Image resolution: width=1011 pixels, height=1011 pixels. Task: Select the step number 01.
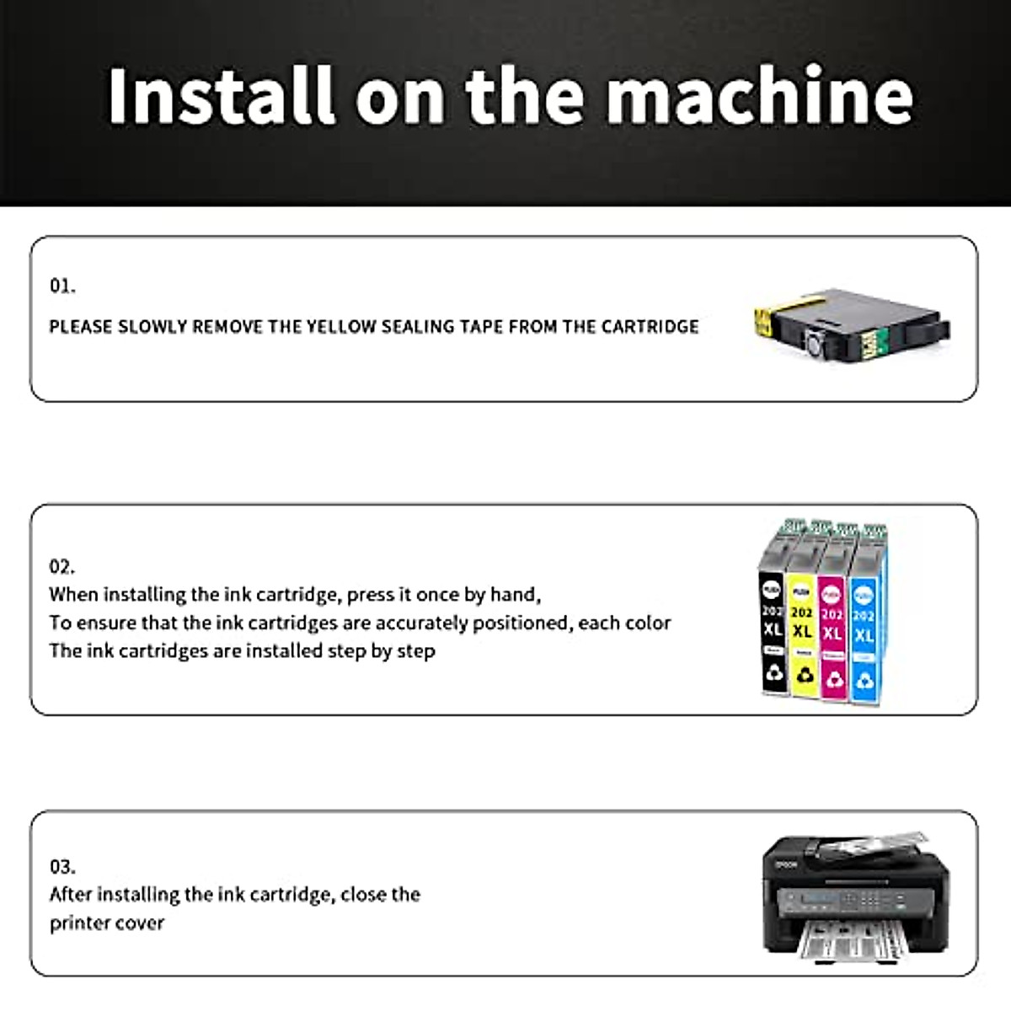tap(62, 286)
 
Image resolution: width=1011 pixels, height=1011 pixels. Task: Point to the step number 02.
tap(62, 566)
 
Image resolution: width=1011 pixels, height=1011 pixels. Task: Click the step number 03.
tap(62, 866)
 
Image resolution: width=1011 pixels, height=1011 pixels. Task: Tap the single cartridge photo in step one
tap(851, 324)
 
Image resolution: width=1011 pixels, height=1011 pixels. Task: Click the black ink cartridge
tap(773, 619)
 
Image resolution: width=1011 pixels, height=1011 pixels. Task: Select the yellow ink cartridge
tap(803, 619)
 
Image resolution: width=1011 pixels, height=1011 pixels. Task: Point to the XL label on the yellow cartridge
tap(803, 632)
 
